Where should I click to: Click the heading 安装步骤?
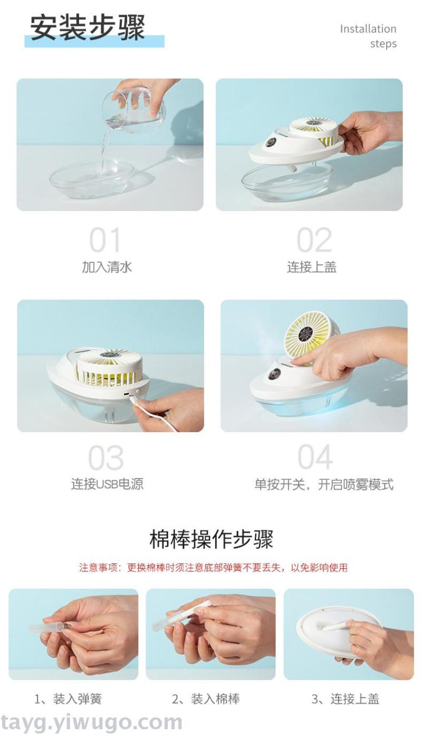(x=87, y=28)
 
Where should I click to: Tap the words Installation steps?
(x=368, y=36)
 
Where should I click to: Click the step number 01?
(x=105, y=240)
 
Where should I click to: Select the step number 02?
(x=314, y=240)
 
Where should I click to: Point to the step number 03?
(x=106, y=458)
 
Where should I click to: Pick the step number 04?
(x=315, y=457)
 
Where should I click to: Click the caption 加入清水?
(x=107, y=267)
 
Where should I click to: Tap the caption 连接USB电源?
(x=107, y=484)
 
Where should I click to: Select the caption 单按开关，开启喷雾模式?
(x=324, y=484)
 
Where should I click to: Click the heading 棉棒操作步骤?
(x=211, y=539)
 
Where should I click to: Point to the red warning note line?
(x=213, y=568)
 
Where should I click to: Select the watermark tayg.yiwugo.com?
(x=91, y=722)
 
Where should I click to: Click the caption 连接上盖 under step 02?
(x=312, y=267)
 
